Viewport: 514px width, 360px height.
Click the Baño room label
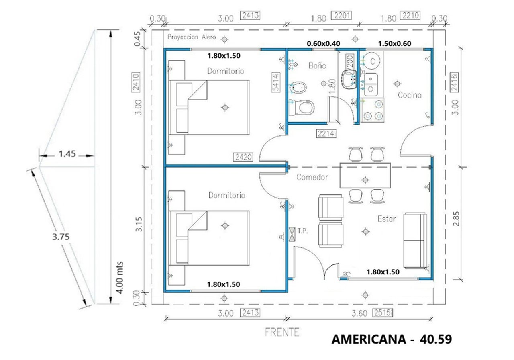(317, 65)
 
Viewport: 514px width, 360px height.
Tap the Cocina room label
(409, 95)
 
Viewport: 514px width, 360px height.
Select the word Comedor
(312, 177)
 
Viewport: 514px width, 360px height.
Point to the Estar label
(387, 219)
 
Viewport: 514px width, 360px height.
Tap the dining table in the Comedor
(365, 175)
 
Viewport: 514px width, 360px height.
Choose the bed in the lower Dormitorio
(209, 238)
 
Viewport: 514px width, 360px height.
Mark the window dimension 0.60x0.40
(323, 43)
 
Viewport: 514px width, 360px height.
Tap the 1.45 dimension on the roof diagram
(67, 153)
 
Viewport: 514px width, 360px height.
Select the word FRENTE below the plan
(282, 332)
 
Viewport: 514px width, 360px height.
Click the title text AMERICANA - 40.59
(392, 339)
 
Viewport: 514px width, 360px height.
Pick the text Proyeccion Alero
(191, 37)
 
